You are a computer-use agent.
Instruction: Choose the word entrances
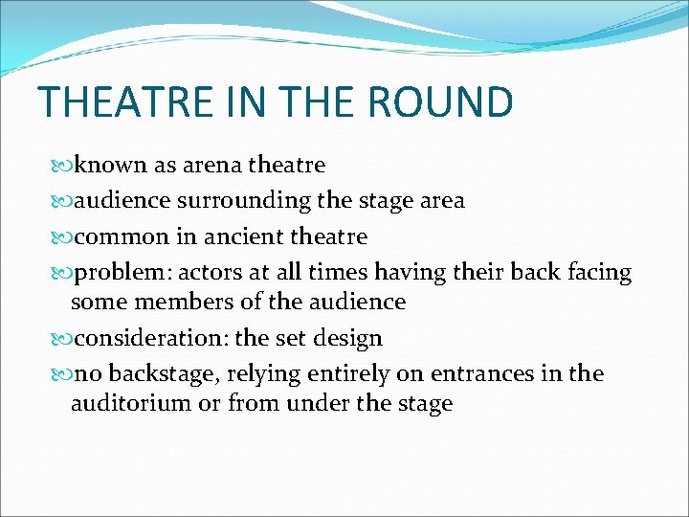point(475,373)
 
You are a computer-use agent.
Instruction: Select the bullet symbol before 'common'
point(64,236)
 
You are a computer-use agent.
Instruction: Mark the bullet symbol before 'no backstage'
point(64,373)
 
